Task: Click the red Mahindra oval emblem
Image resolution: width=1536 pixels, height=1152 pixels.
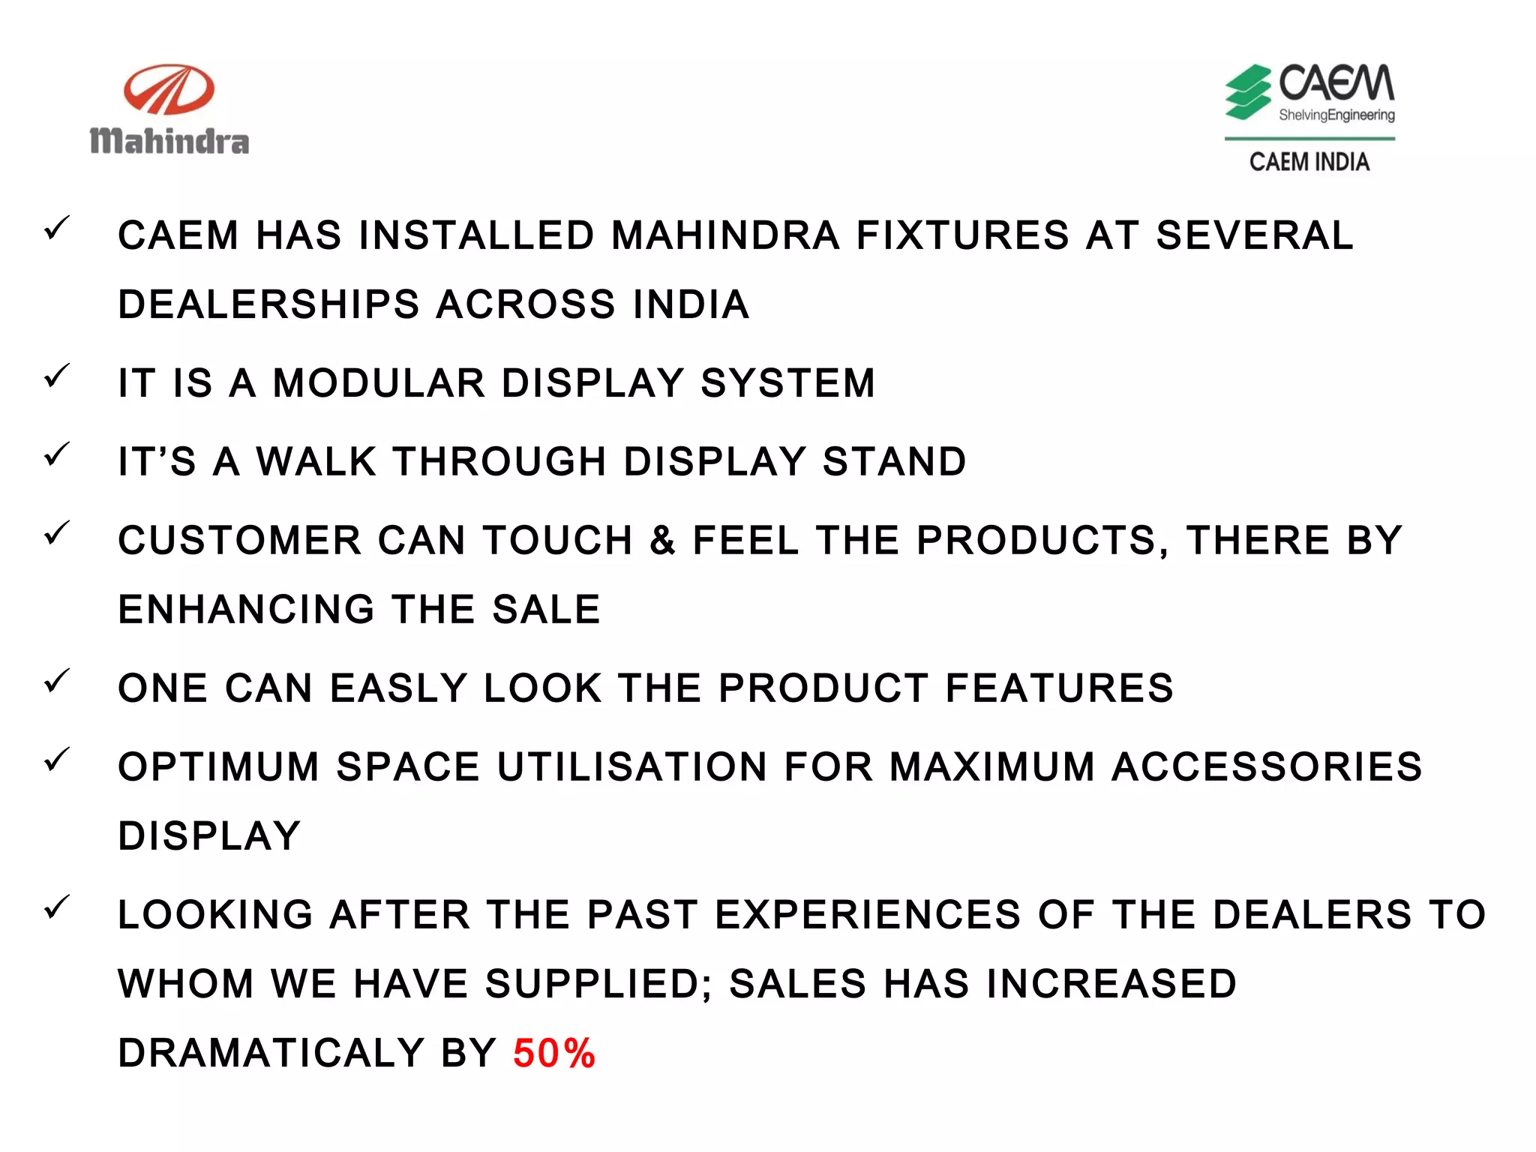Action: pos(169,89)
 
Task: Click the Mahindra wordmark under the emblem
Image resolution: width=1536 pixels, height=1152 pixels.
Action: pos(169,141)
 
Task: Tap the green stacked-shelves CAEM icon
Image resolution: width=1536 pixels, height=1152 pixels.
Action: pos(1247,92)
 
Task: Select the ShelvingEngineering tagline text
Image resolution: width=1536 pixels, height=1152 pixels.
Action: pos(1336,115)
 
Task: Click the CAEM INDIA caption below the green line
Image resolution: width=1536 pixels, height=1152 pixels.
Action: pos(1309,162)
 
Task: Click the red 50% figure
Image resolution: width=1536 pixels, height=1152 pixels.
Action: pos(554,1053)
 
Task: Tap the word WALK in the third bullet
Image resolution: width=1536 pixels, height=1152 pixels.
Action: pos(316,461)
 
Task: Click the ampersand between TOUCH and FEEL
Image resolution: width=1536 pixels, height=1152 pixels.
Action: pos(662,540)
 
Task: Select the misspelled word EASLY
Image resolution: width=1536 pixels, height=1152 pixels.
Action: pos(399,688)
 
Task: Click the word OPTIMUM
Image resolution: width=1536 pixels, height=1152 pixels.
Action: pos(218,766)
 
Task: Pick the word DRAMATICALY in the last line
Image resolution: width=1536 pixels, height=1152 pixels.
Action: pos(271,1053)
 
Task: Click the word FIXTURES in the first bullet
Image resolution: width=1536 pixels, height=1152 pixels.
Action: pos(962,235)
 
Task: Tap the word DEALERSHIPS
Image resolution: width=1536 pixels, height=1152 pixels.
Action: pos(268,304)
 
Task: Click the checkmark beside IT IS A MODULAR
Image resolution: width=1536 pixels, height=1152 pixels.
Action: pos(57,375)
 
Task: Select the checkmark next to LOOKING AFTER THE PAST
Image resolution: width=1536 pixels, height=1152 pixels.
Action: pos(57,907)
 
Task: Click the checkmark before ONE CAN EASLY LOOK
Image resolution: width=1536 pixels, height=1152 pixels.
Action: pos(57,680)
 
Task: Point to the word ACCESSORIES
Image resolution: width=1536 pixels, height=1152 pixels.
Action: pos(1267,766)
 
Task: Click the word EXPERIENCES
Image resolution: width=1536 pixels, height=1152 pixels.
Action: pos(868,914)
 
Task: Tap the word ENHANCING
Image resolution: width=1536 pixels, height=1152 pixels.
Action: pos(246,609)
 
